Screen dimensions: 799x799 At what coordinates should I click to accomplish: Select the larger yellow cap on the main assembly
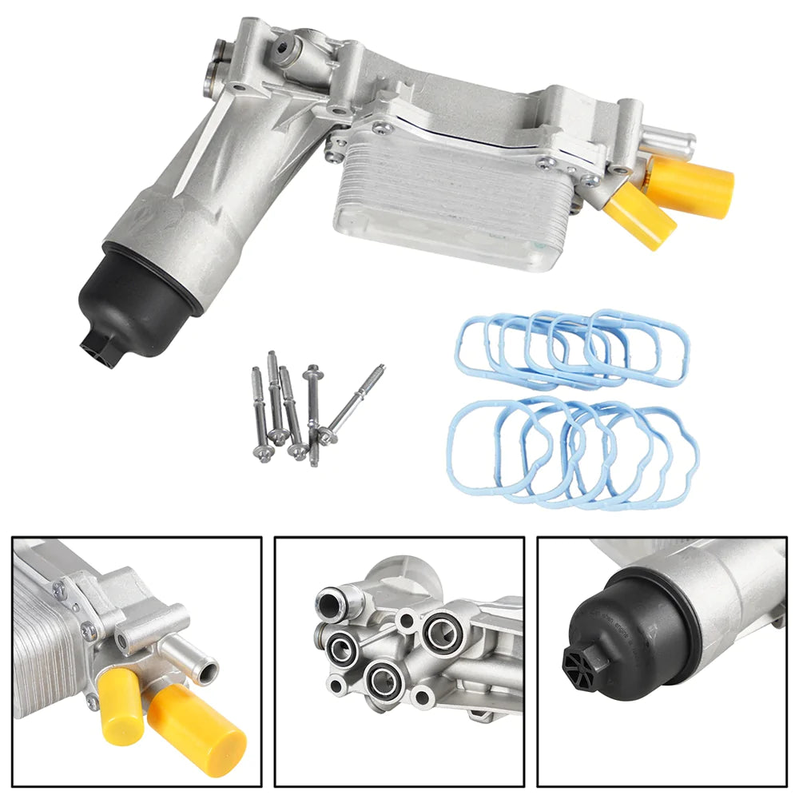pyautogui.click(x=692, y=185)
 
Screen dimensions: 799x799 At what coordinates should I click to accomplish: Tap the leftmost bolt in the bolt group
pyautogui.click(x=260, y=412)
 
